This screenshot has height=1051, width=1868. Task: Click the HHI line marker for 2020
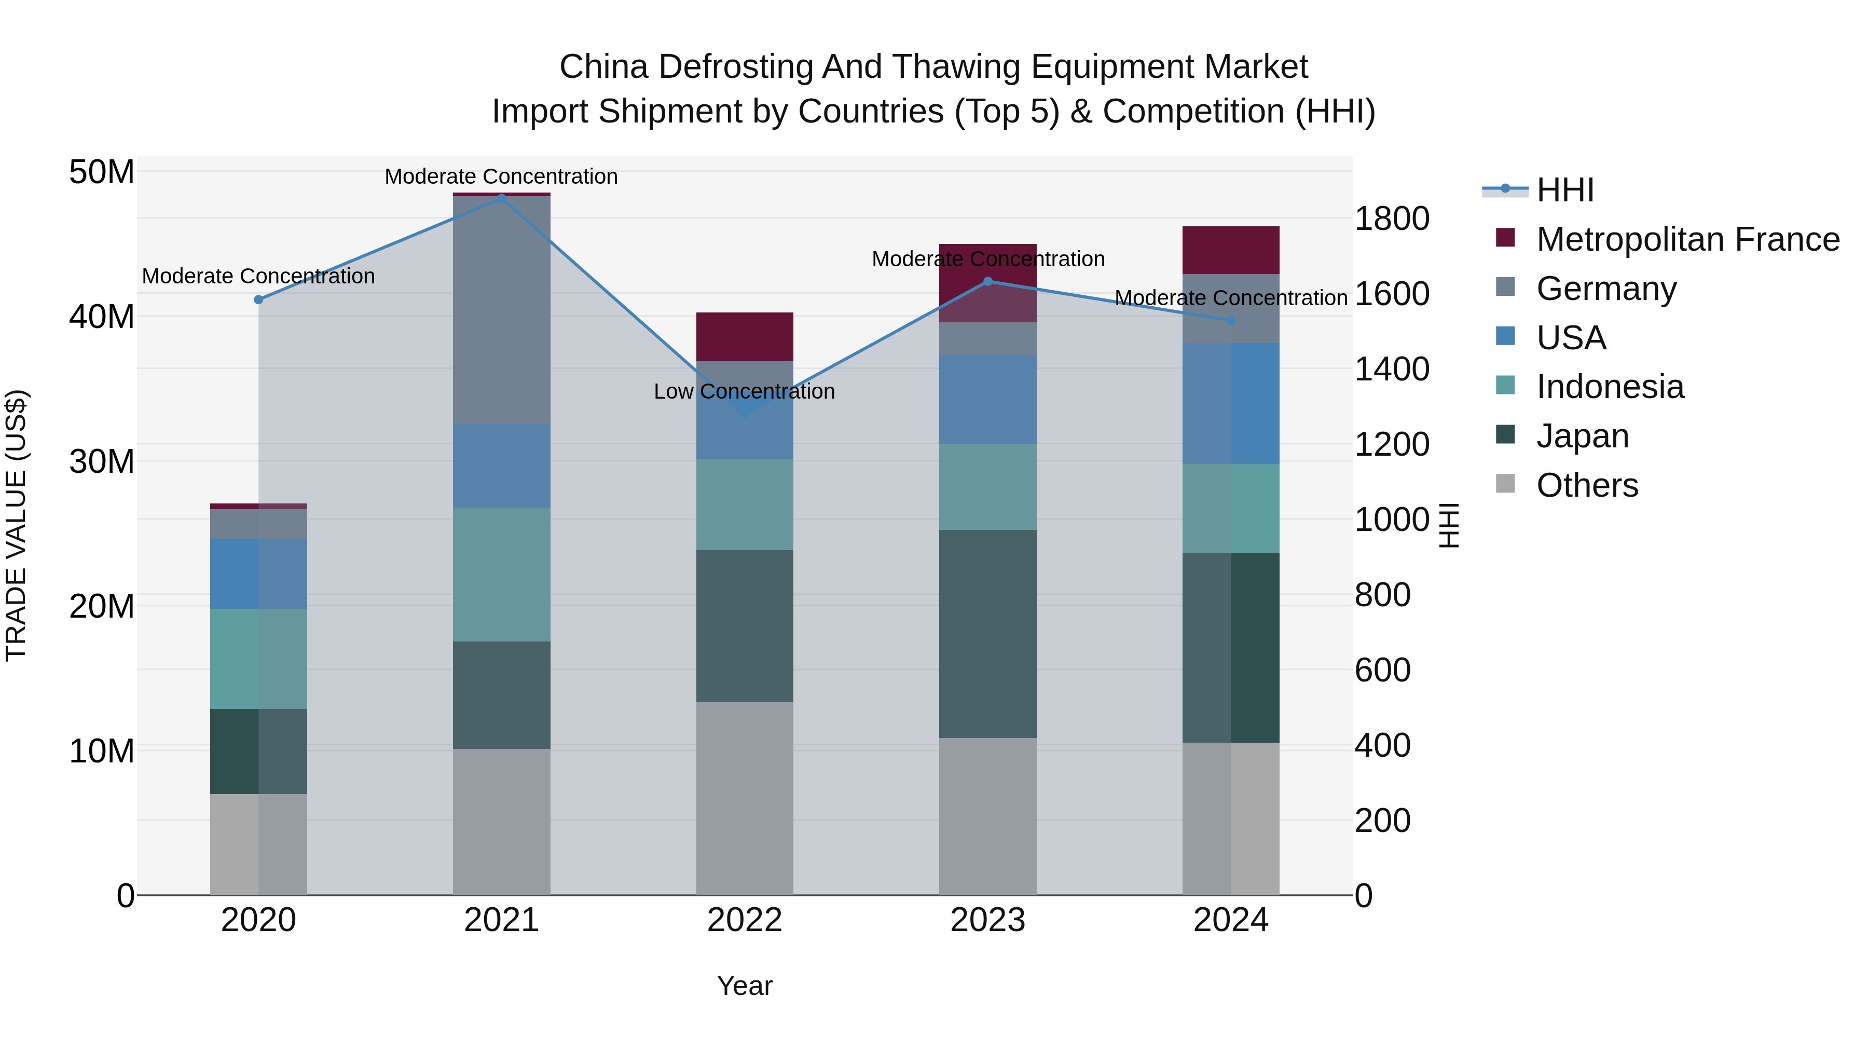[258, 299]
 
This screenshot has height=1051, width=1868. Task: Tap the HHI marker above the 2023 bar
[987, 281]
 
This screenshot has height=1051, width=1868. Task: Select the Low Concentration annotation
[744, 392]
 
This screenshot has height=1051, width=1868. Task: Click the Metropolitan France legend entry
[1687, 239]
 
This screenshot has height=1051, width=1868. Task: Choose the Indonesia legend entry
[1610, 387]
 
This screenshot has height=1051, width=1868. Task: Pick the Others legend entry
[1587, 485]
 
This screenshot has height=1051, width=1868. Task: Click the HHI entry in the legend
[1565, 190]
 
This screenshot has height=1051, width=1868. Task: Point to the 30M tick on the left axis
[102, 461]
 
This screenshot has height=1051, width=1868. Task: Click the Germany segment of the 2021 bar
[501, 310]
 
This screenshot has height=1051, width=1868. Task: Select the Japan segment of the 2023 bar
[987, 633]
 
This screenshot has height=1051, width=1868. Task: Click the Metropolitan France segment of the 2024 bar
[1231, 250]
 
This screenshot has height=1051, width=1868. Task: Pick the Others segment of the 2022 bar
[744, 798]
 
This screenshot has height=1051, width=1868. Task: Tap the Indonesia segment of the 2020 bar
[258, 659]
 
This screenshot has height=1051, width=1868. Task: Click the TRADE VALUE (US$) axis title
[17, 525]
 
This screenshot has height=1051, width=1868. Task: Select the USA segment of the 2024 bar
[1231, 403]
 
